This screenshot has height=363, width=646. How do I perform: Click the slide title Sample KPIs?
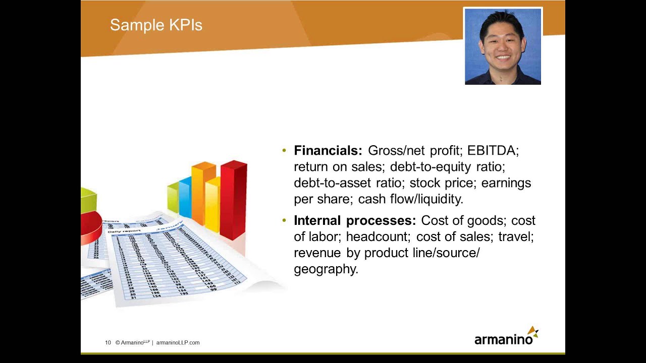point(156,25)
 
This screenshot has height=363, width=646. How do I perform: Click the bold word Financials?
point(328,151)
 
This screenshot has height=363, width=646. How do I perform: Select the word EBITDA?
point(492,151)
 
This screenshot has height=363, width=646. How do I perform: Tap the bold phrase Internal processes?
point(354,221)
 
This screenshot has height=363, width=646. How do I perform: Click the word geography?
point(326,269)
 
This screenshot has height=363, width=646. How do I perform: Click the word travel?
point(516,237)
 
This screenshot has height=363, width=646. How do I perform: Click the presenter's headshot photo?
point(503,46)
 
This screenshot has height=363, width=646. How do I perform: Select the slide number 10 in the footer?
point(108,343)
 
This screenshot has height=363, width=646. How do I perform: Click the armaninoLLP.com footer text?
point(178,343)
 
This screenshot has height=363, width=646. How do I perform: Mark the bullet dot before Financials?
point(284,150)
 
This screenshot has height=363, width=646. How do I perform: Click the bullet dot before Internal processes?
point(284,220)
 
